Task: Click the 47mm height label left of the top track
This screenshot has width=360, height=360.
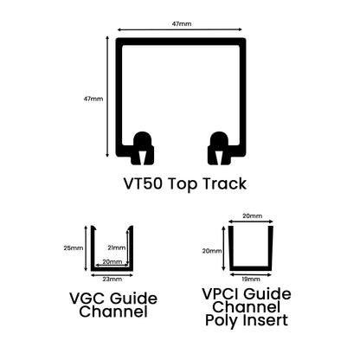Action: coord(93,100)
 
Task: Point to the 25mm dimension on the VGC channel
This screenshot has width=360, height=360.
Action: coord(74,247)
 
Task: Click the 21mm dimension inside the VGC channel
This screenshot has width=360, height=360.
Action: coord(117,247)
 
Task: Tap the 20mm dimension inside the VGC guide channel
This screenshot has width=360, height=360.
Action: coord(112,262)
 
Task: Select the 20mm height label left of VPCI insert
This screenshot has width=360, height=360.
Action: coord(212,251)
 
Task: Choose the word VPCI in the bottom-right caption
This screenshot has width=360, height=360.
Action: coord(228,295)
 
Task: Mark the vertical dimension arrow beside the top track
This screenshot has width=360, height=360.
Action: coord(109,100)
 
